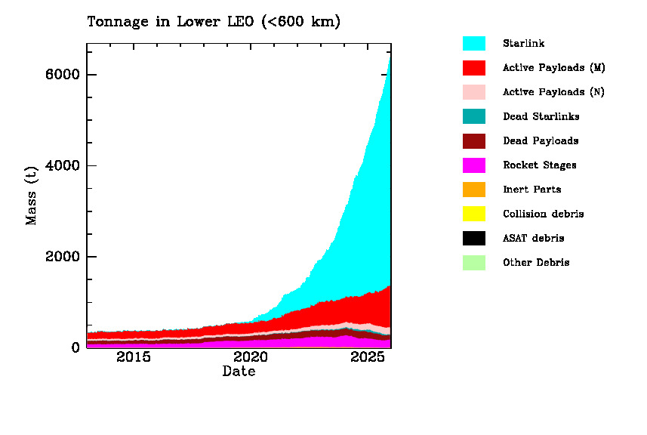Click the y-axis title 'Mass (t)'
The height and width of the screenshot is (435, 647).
pos(32,196)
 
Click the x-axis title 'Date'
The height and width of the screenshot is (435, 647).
pos(239,372)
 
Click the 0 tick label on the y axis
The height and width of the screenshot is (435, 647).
pos(75,347)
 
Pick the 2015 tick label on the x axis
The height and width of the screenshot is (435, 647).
pos(134,357)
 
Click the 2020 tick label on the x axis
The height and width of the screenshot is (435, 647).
pos(251,357)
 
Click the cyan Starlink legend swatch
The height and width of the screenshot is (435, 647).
pos(474,44)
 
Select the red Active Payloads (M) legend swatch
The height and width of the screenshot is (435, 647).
pos(474,68)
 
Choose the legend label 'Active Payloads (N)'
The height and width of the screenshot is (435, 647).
pos(553,92)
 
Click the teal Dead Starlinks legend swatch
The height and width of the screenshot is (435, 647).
pos(474,116)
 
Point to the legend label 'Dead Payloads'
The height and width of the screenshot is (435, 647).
pos(541,141)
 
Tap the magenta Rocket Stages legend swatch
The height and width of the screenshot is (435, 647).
pos(474,165)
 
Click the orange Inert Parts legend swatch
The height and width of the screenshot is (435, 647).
pos(474,190)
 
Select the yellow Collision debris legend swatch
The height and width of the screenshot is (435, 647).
pos(474,214)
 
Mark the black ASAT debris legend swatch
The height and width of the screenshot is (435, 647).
pos(474,238)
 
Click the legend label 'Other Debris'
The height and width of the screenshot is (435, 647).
pos(536,263)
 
